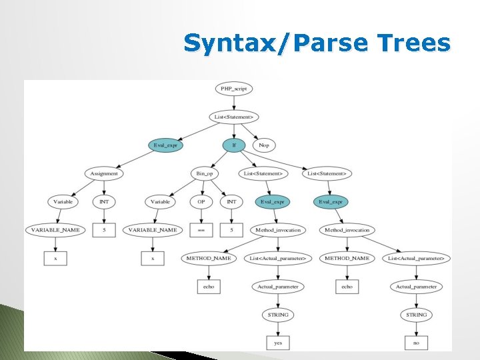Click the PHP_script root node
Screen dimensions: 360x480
(233, 88)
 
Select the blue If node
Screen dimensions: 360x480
(233, 145)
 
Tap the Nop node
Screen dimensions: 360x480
(264, 145)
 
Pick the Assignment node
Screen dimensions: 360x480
(104, 173)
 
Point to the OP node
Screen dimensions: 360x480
(200, 201)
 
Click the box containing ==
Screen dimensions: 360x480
(200, 230)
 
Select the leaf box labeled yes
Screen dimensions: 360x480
(278, 343)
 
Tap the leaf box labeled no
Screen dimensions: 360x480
(416, 343)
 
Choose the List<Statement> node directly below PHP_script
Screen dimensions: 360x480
(233, 117)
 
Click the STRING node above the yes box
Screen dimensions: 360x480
(278, 314)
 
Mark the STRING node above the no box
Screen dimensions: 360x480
(416, 314)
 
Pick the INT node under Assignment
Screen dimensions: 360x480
(104, 201)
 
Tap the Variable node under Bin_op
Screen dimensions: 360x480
(161, 201)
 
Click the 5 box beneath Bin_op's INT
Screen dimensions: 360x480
(231, 230)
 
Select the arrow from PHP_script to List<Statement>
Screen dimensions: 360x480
(233, 102)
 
